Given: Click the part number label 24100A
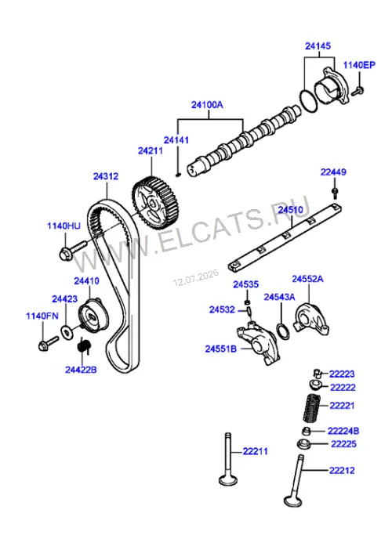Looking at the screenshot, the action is click(207, 105).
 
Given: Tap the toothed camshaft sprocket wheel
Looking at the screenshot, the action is click(156, 203).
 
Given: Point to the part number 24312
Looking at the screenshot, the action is click(106, 176).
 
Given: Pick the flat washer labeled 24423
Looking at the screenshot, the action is click(67, 331).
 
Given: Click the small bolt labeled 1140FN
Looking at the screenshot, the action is click(48, 344).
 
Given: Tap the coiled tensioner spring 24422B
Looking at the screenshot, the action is click(83, 345).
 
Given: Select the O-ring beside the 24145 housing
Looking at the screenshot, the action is click(309, 101).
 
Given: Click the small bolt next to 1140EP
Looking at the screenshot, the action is click(358, 91).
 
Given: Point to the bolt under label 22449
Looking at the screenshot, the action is click(336, 193).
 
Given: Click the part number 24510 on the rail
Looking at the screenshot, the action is click(290, 210).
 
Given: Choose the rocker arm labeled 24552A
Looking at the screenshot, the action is click(310, 318).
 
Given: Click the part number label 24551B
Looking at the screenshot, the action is click(221, 349).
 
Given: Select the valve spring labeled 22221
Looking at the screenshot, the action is click(312, 408).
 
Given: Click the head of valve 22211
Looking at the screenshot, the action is click(227, 480).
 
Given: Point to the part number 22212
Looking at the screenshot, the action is click(342, 471).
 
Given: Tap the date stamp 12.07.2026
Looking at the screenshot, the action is click(196, 278).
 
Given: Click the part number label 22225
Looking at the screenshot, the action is click(343, 444).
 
